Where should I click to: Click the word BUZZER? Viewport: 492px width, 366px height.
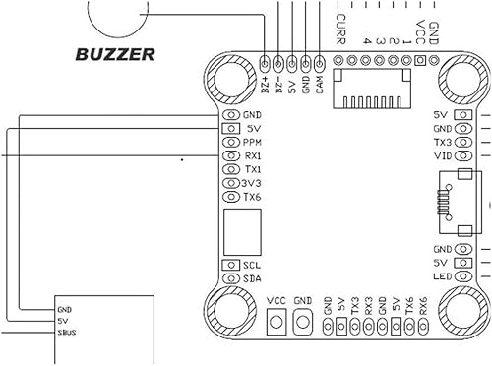116,54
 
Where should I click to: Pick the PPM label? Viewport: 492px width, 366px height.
253,142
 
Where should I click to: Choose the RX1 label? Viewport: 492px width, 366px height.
253,155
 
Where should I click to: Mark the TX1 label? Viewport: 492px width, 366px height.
253,169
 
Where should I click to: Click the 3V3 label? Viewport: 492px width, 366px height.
253,183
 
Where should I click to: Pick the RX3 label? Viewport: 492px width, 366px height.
368,305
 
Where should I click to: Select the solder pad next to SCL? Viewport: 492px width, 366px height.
232,265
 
